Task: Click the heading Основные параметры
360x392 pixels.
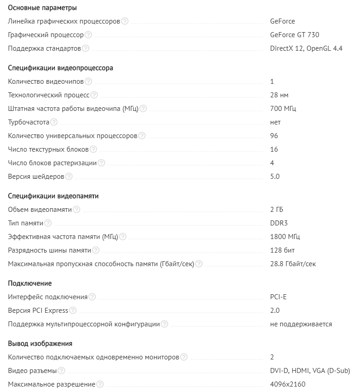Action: coord(42,8)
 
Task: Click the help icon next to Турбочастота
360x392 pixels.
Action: coord(54,122)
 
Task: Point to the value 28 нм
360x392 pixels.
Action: coord(279,95)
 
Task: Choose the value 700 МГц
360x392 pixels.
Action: coord(283,109)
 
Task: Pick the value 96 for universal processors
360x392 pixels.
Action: coord(274,136)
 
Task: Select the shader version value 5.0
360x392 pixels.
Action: coord(274,177)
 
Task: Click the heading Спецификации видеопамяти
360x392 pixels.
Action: coord(53,196)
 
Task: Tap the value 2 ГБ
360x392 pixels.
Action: coord(277,210)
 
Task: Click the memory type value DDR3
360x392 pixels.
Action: coord(279,223)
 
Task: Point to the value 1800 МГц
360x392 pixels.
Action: coord(285,237)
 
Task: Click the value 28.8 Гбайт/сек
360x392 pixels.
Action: coord(293,264)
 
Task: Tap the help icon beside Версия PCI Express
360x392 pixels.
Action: coord(73,311)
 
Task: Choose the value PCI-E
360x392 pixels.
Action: coord(278,297)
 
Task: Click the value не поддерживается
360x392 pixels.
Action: coord(301,324)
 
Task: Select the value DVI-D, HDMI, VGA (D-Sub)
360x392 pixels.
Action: coord(310,371)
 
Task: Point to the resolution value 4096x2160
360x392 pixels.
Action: coord(288,384)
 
